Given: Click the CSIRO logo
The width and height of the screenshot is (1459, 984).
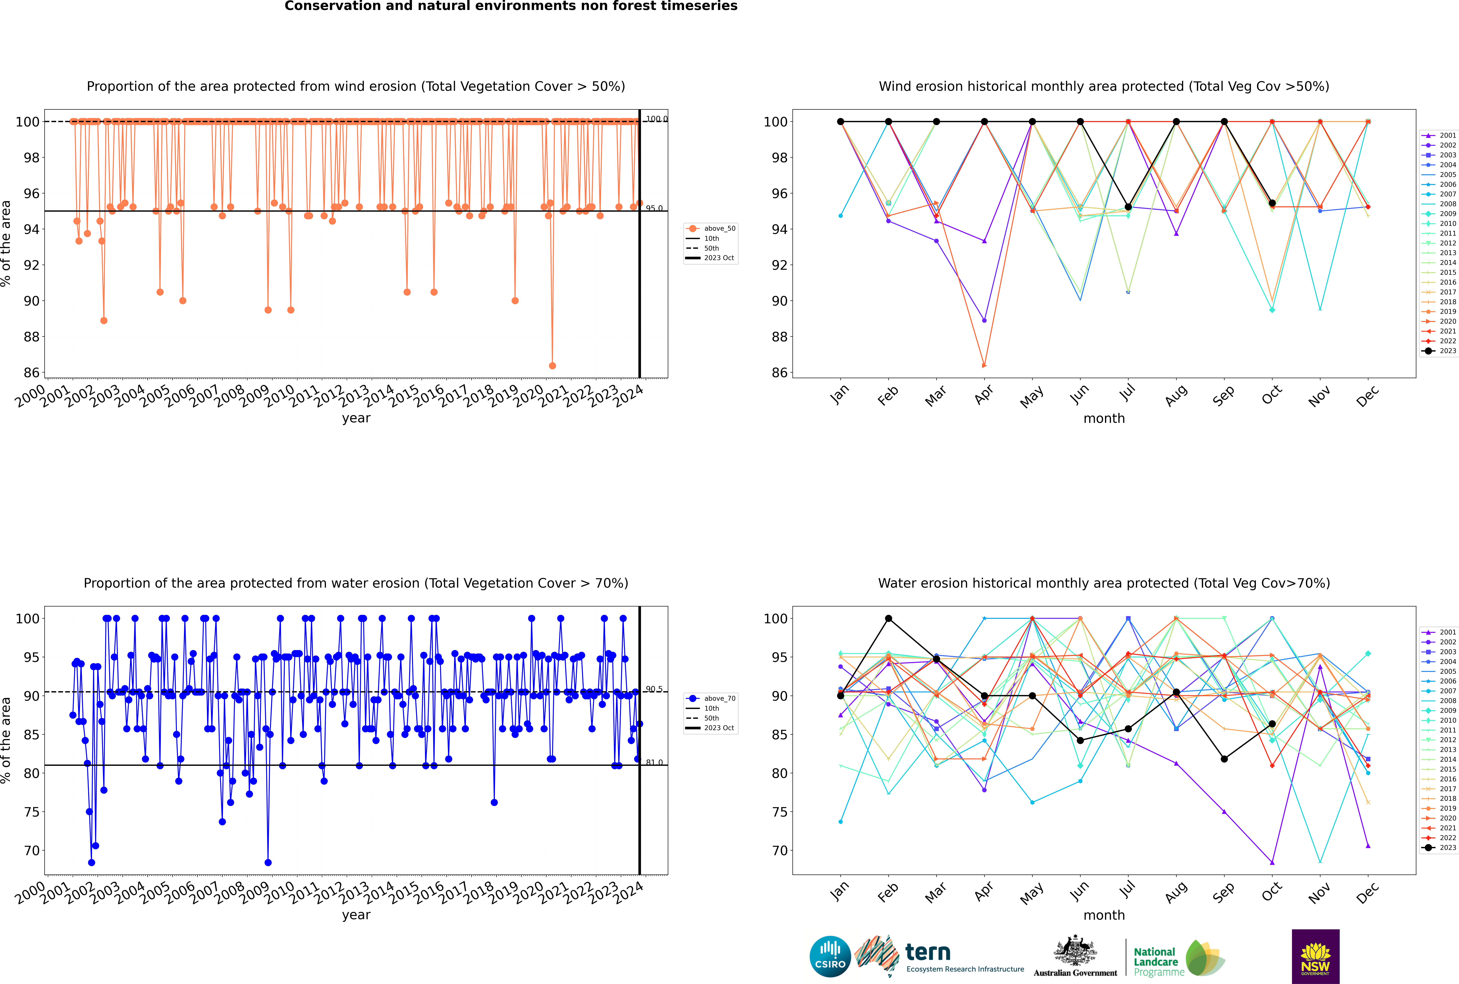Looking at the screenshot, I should [830, 956].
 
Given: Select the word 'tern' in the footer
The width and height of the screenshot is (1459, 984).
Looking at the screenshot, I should [928, 953].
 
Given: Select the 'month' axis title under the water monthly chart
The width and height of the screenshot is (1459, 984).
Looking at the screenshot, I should [1104, 915].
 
